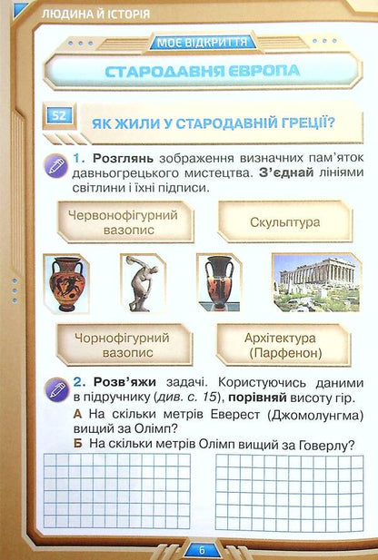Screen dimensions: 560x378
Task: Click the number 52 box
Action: click(59, 115)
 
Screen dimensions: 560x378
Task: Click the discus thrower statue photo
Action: click(144, 281)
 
